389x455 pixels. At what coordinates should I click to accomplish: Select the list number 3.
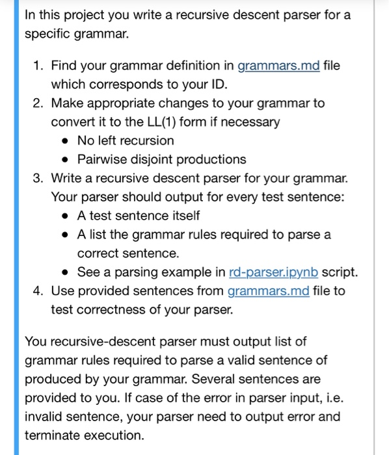pos(38,178)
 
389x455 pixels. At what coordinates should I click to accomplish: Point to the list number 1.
pos(38,66)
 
